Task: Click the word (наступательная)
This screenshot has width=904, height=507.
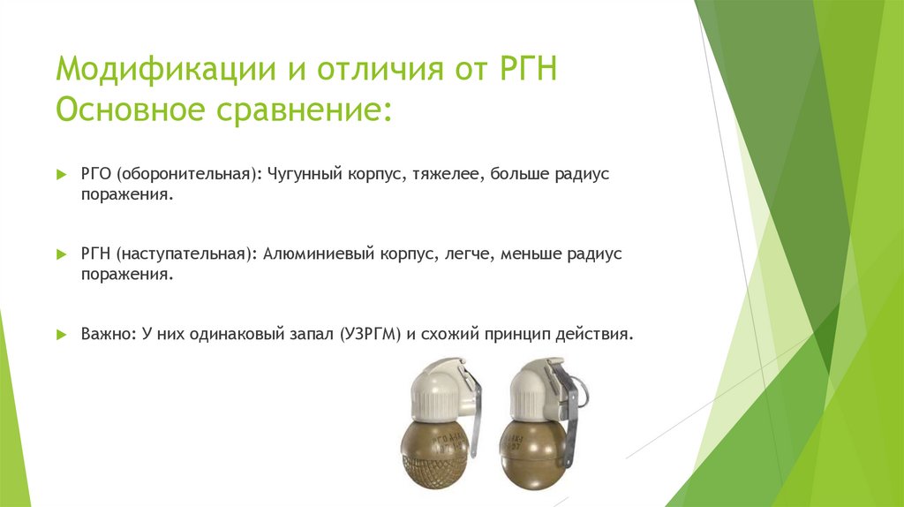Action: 184,253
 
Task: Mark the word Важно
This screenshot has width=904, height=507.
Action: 104,336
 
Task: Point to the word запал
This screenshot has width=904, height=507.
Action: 304,336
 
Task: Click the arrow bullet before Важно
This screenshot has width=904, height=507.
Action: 60,336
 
